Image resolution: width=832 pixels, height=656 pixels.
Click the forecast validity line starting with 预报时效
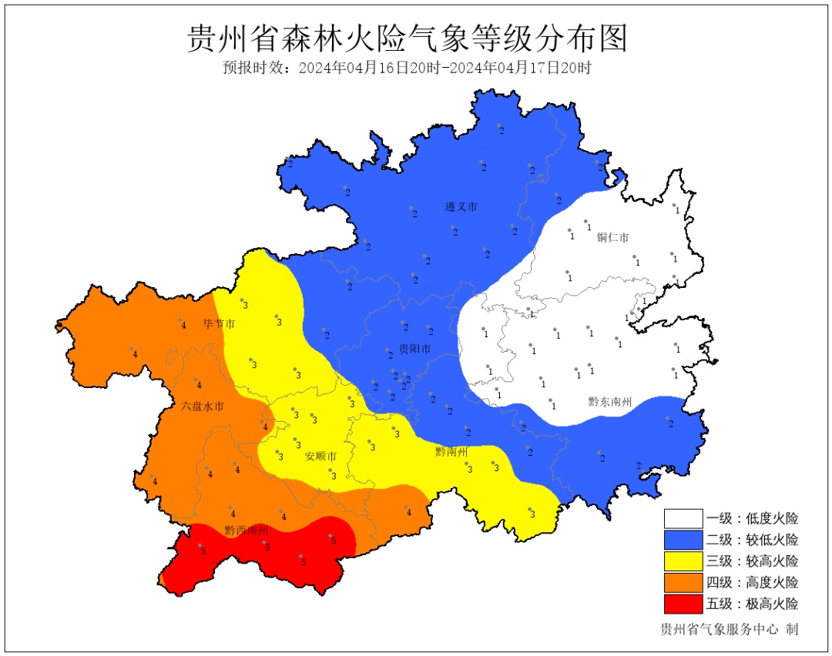click(408, 68)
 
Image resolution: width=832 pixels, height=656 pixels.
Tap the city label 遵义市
click(461, 207)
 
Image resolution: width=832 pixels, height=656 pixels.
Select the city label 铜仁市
click(613, 237)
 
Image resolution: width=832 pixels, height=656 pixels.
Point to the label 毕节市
click(219, 324)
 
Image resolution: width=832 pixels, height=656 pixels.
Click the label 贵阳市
click(415, 350)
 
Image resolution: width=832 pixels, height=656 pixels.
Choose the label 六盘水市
click(203, 406)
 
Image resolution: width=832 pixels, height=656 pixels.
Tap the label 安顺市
click(320, 457)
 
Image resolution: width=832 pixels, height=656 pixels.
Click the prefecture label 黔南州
click(451, 451)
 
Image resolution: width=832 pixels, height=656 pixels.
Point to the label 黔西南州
click(247, 530)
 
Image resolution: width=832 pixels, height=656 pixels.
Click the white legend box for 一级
click(683, 518)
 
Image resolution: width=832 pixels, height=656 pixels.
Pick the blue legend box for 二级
click(683, 540)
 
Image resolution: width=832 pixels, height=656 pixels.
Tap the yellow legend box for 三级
click(683, 561)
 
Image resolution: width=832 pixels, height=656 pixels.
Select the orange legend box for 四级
click(683, 582)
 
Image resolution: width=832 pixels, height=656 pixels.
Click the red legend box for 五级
click(683, 604)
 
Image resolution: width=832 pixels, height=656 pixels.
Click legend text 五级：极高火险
click(753, 604)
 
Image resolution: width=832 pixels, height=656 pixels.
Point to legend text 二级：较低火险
click(753, 540)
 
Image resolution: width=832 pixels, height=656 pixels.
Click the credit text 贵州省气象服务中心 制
click(729, 629)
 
